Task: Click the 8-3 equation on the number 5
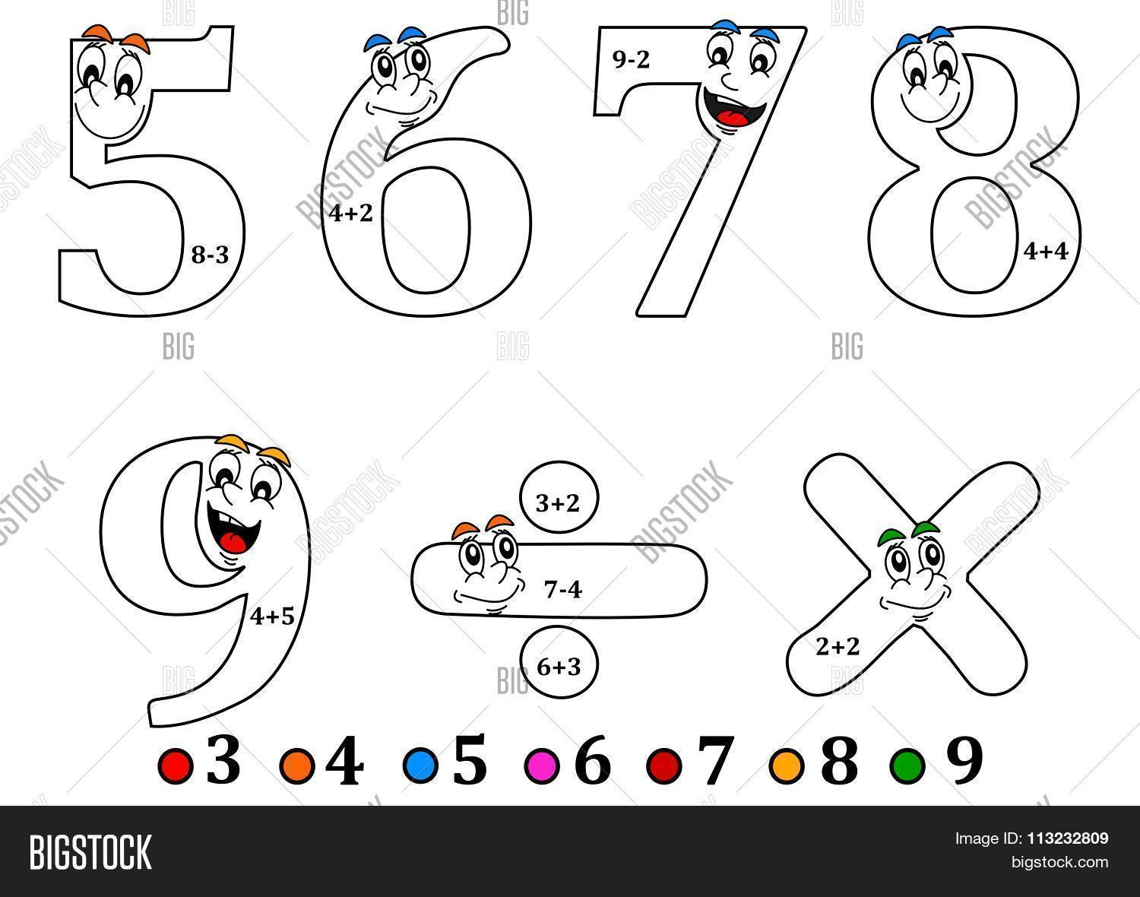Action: pos(210,255)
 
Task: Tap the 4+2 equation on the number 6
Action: pos(351,214)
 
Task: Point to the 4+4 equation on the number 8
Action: pos(1047,251)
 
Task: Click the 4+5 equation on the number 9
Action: pos(272,616)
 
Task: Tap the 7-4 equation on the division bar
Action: pos(563,588)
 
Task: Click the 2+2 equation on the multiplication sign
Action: pos(838,647)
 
